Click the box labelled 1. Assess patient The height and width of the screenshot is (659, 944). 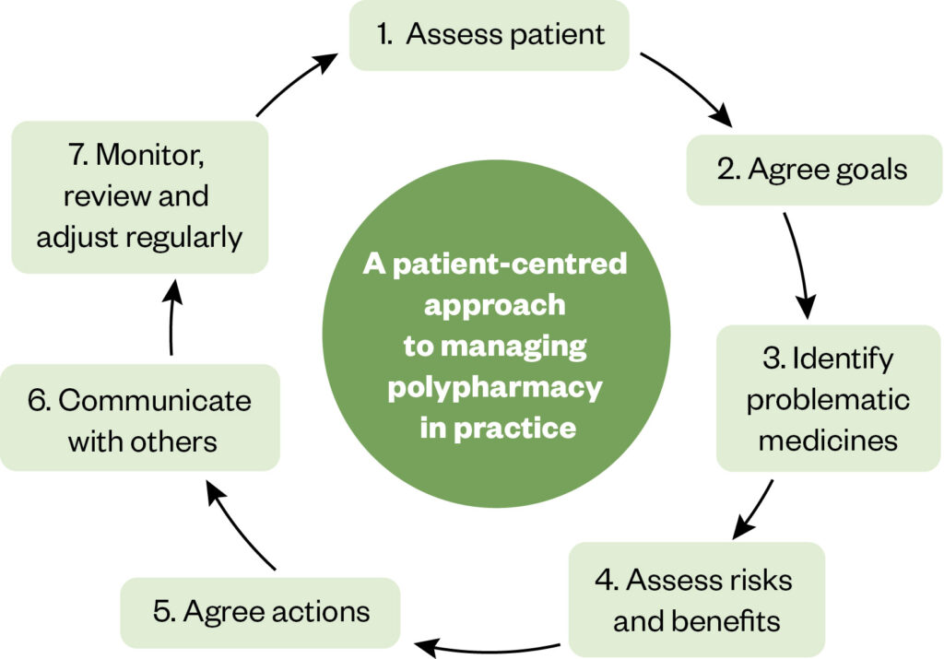pyautogui.click(x=489, y=35)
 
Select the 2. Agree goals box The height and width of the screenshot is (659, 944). pyautogui.click(x=813, y=170)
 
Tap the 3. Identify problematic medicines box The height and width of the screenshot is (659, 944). pyautogui.click(x=828, y=398)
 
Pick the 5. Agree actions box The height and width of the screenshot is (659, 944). pyautogui.click(x=261, y=612)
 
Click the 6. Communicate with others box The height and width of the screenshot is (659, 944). pyautogui.click(x=140, y=419)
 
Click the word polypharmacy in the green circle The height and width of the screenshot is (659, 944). pyautogui.click(x=494, y=388)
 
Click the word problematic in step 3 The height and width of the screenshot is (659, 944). pyautogui.click(x=828, y=400)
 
